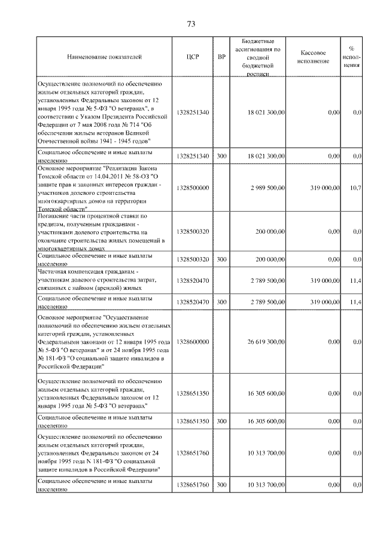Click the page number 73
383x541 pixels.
click(191, 24)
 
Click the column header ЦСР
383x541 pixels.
click(193, 57)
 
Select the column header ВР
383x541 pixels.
click(222, 57)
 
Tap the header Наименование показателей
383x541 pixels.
click(105, 57)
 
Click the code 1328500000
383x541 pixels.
click(193, 187)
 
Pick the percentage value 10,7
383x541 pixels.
click(355, 187)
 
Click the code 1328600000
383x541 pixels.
click(193, 341)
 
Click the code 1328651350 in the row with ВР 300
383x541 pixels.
click(193, 421)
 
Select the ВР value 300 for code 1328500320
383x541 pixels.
click(222, 259)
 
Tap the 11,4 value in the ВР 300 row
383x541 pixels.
click(355, 302)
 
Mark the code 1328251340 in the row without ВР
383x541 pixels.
click(193, 112)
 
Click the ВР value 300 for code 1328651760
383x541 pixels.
click(222, 484)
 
